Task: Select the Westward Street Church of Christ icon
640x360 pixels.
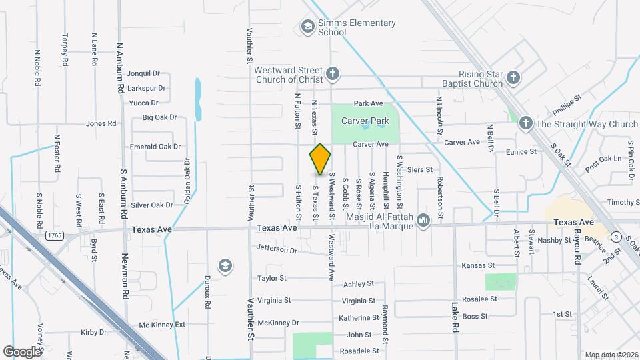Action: (334, 72)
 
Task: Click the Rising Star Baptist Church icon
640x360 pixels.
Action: (513, 77)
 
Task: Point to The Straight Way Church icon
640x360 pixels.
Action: (525, 123)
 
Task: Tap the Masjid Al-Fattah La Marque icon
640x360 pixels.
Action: (423, 220)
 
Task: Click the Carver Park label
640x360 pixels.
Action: (365, 121)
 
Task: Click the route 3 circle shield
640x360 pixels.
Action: (617, 237)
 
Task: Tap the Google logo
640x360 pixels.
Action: (23, 351)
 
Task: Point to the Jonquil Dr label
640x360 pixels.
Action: (143, 73)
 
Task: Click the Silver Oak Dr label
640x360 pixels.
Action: (152, 205)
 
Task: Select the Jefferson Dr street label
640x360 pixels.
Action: (277, 250)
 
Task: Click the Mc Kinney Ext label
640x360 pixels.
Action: (162, 325)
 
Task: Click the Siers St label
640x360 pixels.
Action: (420, 170)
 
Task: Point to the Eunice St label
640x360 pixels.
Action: (521, 152)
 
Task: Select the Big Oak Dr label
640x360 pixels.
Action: (159, 117)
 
